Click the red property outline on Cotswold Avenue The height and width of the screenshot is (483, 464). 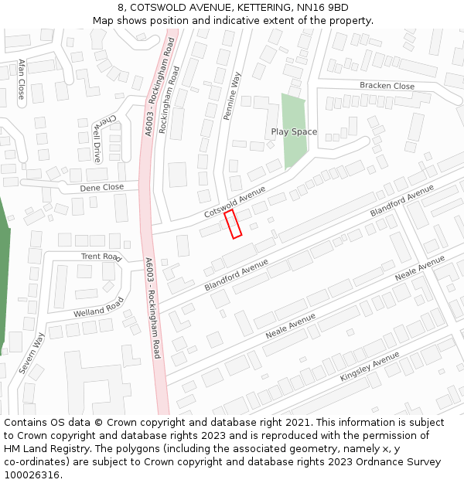point(234,223)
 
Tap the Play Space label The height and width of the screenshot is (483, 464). point(294,132)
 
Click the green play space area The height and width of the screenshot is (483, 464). point(292,116)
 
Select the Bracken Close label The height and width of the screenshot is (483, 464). point(387,86)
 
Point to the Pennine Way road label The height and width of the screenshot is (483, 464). point(231,96)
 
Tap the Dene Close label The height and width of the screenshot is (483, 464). point(101,188)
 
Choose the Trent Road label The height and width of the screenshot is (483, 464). point(101,257)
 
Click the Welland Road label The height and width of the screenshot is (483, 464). point(98,308)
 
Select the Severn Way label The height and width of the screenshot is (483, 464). point(32,353)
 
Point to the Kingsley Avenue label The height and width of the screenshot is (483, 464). point(370,366)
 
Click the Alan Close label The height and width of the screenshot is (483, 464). point(21,80)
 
